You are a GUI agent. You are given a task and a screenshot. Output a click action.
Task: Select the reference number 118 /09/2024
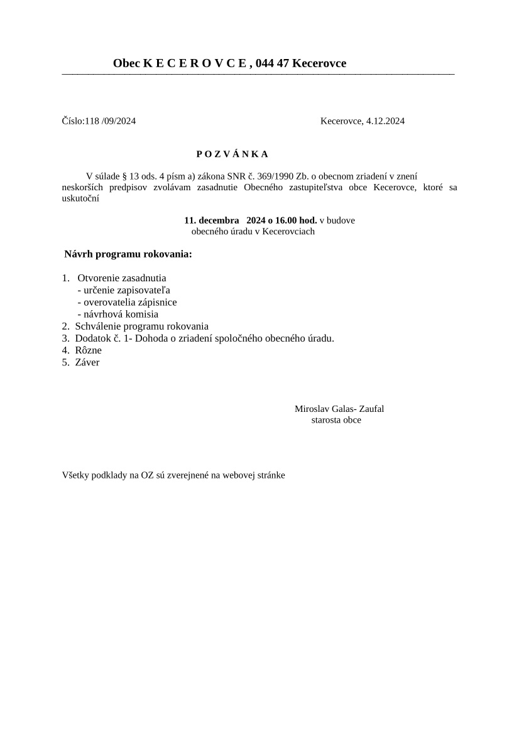click(x=110, y=121)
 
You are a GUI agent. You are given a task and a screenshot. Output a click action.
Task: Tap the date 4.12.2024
click(x=385, y=121)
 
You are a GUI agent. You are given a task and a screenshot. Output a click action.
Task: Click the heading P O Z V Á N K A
click(x=232, y=154)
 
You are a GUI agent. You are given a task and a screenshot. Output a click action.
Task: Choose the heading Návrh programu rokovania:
click(x=128, y=254)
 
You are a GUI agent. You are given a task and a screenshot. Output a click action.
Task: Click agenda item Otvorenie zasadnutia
click(x=122, y=278)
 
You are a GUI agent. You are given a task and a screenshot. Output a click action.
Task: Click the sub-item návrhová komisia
click(x=117, y=314)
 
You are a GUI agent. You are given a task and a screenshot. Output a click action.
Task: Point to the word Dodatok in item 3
click(x=92, y=338)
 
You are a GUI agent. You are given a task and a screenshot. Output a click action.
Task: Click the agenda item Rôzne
click(x=88, y=350)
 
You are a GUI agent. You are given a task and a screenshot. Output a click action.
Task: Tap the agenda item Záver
click(x=87, y=362)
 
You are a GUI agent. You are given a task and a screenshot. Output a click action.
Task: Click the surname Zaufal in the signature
click(x=371, y=409)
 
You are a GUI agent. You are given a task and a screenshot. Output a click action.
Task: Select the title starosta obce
click(x=336, y=420)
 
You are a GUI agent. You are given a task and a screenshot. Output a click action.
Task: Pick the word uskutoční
click(x=80, y=199)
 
